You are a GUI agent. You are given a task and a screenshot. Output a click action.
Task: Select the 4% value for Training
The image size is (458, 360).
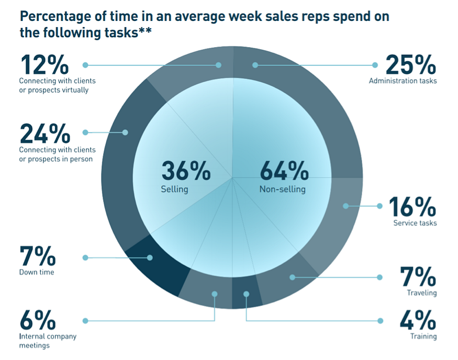(x=418, y=320)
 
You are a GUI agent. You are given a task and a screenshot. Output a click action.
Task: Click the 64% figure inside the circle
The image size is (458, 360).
(x=284, y=172)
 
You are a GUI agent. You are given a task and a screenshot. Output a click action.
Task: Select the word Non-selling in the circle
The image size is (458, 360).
(x=282, y=189)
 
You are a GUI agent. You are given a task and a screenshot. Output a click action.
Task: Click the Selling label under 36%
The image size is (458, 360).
(x=174, y=189)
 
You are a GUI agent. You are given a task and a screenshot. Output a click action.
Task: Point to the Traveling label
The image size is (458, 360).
(x=421, y=293)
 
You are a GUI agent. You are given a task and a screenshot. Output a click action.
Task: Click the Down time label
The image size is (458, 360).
(x=37, y=272)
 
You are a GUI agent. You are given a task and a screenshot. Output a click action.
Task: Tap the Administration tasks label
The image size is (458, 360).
(x=403, y=81)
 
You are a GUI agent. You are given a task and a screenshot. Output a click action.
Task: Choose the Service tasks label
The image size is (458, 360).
(x=415, y=223)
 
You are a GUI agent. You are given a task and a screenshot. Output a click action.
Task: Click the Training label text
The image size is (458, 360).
(x=423, y=336)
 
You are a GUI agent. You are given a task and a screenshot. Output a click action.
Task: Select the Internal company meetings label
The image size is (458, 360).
(x=48, y=341)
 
